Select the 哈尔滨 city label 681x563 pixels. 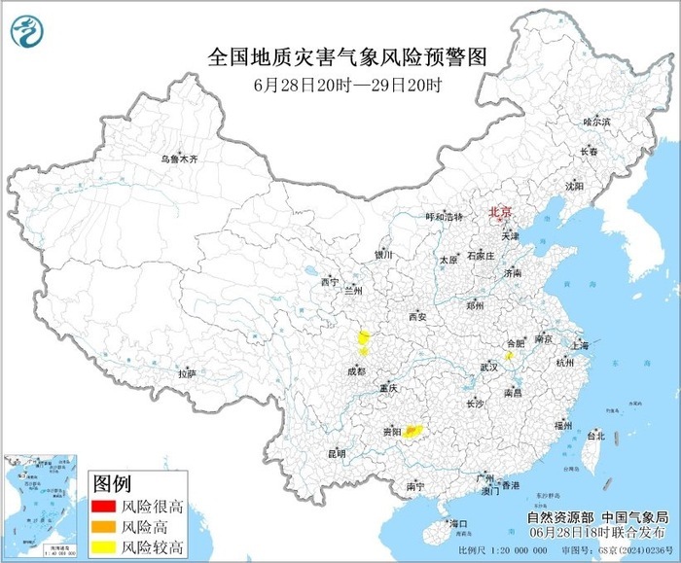tap(595, 122)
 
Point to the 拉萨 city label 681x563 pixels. tap(187, 373)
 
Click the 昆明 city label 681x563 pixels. tap(337, 453)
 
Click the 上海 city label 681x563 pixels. tap(582, 345)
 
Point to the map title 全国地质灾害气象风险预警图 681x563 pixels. tap(346, 57)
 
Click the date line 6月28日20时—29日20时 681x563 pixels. tap(347, 85)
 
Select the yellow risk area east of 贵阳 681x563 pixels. tap(412, 430)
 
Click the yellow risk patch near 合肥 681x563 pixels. tap(509, 357)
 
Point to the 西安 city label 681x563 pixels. tap(418, 317)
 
